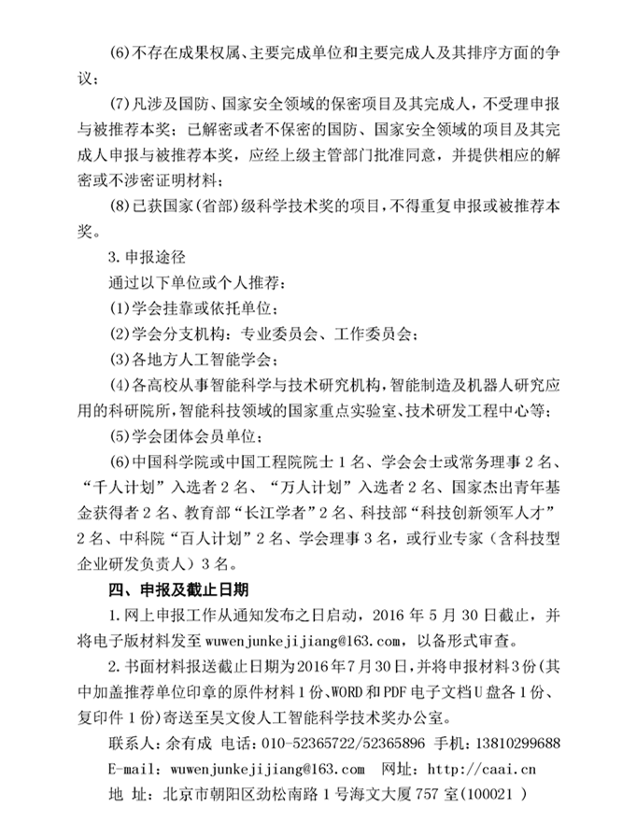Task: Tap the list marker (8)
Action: (x=122, y=202)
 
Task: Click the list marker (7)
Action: (x=122, y=100)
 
